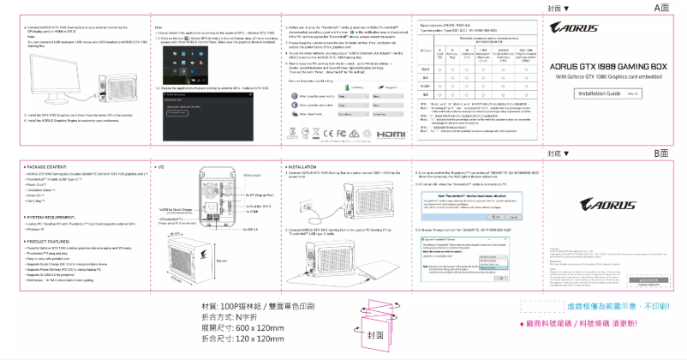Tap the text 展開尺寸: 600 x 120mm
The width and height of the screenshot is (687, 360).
[242, 327]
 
